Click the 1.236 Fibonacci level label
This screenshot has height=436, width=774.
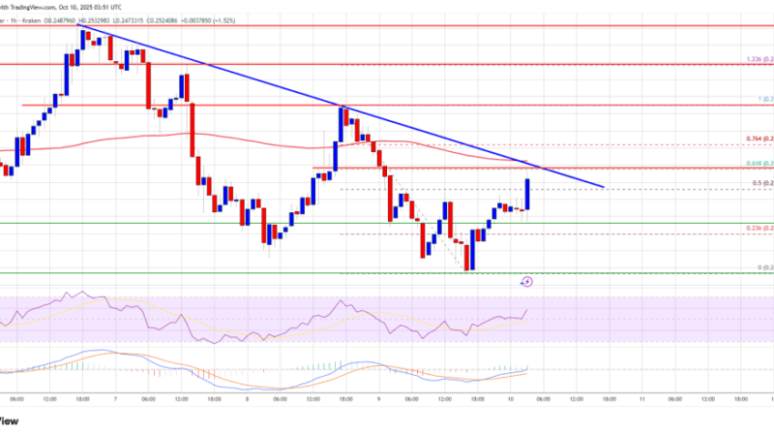click(x=759, y=60)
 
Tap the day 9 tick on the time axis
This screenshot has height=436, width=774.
click(x=378, y=397)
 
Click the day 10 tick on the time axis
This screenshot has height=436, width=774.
click(x=512, y=397)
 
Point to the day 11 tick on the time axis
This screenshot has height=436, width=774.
click(x=643, y=397)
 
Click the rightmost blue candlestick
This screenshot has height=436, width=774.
click(x=528, y=194)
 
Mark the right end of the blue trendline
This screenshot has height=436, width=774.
click(x=604, y=187)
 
